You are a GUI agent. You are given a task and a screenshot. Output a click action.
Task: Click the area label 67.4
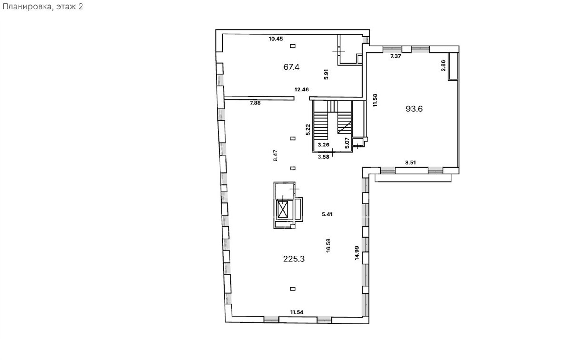pyautogui.click(x=291, y=67)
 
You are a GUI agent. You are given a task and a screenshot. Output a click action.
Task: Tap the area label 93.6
pyautogui.click(x=414, y=109)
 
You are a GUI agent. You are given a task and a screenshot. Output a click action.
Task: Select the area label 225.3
pyautogui.click(x=294, y=259)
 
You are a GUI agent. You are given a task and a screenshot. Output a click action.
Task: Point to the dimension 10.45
pyautogui.click(x=276, y=39)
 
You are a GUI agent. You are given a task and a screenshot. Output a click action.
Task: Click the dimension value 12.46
pyautogui.click(x=302, y=89)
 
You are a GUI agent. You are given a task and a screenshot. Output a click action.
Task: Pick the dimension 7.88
pyautogui.click(x=255, y=103)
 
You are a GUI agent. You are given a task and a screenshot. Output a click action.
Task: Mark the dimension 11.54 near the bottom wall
pyautogui.click(x=297, y=312)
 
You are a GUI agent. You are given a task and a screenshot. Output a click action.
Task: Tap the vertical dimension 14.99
pyautogui.click(x=357, y=253)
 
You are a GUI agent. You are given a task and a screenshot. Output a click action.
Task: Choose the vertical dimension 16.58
pyautogui.click(x=328, y=245)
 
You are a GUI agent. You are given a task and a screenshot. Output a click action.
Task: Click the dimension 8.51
pyautogui.click(x=410, y=162)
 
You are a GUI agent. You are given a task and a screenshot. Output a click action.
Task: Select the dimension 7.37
pyautogui.click(x=395, y=56)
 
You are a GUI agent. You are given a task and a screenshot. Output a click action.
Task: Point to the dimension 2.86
pyautogui.click(x=443, y=66)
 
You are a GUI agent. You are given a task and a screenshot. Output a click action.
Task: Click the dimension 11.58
pyautogui.click(x=375, y=100)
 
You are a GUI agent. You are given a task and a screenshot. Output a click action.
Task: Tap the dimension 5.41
pyautogui.click(x=327, y=214)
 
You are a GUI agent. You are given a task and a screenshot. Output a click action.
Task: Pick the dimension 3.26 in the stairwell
pyautogui.click(x=324, y=145)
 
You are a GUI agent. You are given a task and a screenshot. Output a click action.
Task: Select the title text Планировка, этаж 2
pyautogui.click(x=43, y=6)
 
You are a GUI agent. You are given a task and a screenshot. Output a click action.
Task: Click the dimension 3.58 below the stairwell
pyautogui.click(x=323, y=157)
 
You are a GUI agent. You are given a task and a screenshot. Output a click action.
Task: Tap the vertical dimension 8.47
pyautogui.click(x=275, y=155)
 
